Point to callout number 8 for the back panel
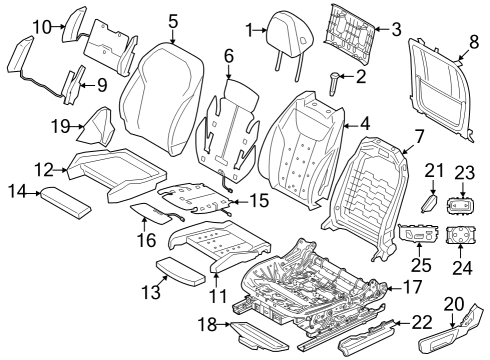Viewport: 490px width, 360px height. pos(474,43)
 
